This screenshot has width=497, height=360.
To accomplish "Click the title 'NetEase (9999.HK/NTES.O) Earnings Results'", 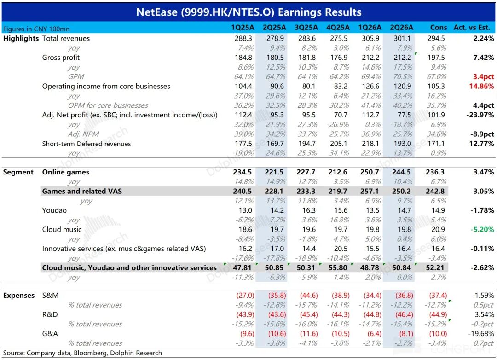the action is coord(248,12).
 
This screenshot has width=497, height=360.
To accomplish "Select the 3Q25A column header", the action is coord(306,28).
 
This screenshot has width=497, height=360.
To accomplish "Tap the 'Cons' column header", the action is coord(439,28).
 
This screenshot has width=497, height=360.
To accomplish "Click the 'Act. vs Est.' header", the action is coord(472,28).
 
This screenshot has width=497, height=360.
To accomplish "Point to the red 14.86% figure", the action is coord(481,86).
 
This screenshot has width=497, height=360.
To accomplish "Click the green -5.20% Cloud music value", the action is coord(482,229).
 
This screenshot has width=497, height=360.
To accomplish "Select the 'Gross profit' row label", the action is coord(61,58).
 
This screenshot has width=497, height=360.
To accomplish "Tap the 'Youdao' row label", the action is coord(54,210).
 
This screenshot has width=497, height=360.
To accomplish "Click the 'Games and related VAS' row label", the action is coord(82,191).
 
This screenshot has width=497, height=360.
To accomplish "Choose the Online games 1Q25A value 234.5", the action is coord(243,172).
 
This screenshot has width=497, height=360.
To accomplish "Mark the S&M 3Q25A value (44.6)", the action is coord(309,295).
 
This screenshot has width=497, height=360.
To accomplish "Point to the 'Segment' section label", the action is coord(18,172).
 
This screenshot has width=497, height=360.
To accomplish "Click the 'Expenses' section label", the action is coord(19,295).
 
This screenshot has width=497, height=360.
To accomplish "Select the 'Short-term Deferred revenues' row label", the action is coord(87,144).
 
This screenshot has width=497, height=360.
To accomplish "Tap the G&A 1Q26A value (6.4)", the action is coord(374,334).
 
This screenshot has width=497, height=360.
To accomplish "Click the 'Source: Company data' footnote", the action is coord(82,353).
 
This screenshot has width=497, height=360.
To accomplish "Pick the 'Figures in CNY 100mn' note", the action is coord(36,29).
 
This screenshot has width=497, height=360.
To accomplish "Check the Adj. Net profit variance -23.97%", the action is coord(480,115).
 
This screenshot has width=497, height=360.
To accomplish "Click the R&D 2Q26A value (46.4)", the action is coord(404,314).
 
